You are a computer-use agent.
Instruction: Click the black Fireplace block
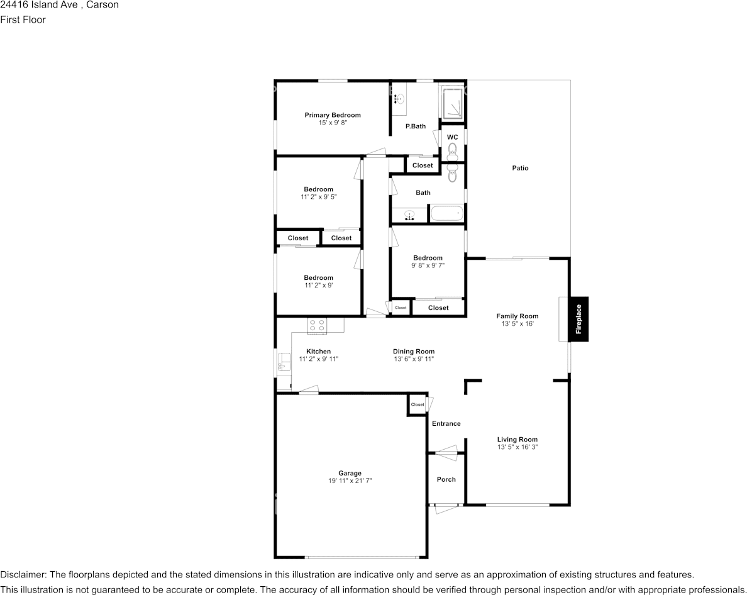pyautogui.click(x=578, y=319)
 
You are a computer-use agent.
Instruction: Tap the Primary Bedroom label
pyautogui.click(x=333, y=115)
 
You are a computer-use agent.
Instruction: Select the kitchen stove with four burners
pyautogui.click(x=316, y=326)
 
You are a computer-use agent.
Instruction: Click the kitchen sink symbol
pyautogui.click(x=284, y=362)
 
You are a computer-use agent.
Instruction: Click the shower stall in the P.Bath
pyautogui.click(x=452, y=102)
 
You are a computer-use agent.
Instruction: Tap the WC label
pyautogui.click(x=452, y=137)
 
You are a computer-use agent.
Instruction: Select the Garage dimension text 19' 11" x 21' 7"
pyautogui.click(x=350, y=481)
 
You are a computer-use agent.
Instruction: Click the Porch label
pyautogui.click(x=446, y=479)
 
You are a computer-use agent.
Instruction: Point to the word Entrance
pyautogui.click(x=446, y=423)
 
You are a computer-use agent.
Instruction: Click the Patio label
pyautogui.click(x=519, y=168)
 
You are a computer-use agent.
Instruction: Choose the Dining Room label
pyautogui.click(x=413, y=352)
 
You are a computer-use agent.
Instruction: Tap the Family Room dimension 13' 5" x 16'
pyautogui.click(x=517, y=324)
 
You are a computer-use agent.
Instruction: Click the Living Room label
pyautogui.click(x=517, y=440)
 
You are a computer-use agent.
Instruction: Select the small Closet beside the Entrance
pyautogui.click(x=418, y=404)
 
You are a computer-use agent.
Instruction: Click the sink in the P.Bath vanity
pyautogui.click(x=397, y=99)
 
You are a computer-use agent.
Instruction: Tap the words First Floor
pyautogui.click(x=23, y=19)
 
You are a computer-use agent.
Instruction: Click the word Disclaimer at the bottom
pyautogui.click(x=23, y=574)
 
